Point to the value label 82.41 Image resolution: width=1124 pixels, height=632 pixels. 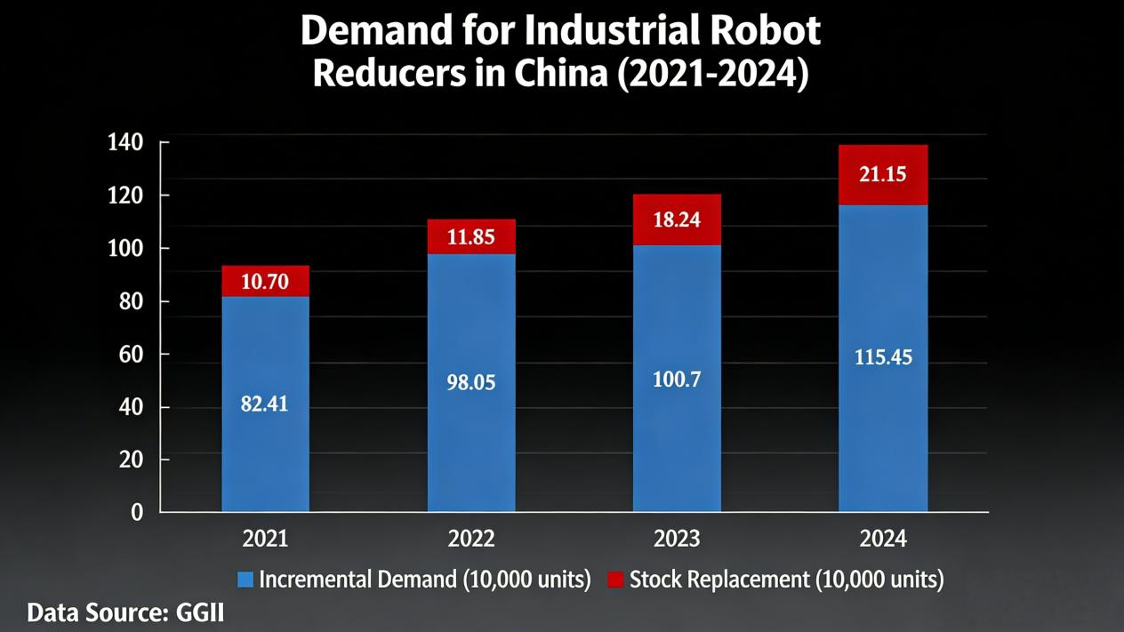point(264,404)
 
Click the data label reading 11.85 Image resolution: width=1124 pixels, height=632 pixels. point(470,237)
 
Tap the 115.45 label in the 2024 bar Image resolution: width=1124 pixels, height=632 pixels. point(882,357)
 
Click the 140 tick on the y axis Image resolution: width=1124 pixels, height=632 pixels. point(125,142)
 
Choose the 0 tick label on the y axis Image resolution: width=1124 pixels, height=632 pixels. point(137,512)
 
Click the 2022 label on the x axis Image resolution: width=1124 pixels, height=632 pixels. point(470,539)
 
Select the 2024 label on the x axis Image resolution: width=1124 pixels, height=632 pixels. point(882,539)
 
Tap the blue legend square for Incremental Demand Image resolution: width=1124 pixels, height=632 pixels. point(245,580)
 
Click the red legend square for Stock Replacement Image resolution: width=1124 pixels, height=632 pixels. point(615,580)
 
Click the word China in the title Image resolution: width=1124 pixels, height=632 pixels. point(559,74)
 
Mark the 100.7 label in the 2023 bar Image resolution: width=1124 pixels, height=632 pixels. point(677,380)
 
